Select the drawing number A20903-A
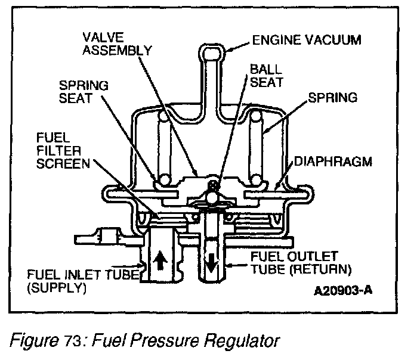(351, 294)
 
